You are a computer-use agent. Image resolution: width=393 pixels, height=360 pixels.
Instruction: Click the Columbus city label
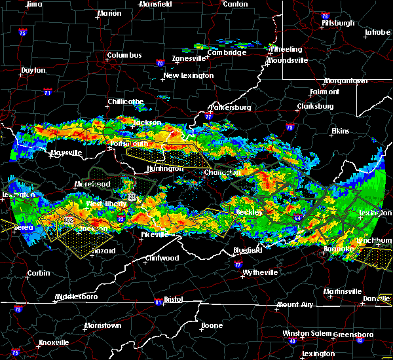(124, 55)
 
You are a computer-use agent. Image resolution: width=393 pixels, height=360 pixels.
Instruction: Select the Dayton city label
(33, 70)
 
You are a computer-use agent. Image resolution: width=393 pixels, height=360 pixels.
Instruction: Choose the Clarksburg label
(315, 106)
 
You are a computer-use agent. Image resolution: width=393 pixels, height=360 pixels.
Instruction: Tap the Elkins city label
(340, 131)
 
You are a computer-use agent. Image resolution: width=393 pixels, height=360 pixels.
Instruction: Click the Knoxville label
(54, 342)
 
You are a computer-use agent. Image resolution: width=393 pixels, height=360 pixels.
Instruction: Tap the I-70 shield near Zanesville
(160, 63)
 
